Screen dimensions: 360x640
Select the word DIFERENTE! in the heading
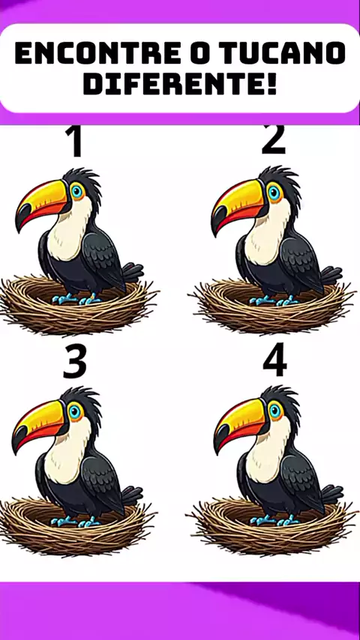[180, 83]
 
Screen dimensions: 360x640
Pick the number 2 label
[273, 140]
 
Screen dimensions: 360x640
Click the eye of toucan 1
[76, 190]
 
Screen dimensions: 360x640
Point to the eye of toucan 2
[274, 193]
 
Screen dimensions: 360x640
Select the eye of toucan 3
[75, 411]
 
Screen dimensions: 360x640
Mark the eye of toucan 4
[275, 411]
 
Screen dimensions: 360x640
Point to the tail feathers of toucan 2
[331, 275]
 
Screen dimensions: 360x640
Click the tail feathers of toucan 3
[132, 496]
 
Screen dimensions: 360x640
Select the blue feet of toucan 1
[76, 299]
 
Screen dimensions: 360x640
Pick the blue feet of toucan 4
[274, 519]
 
